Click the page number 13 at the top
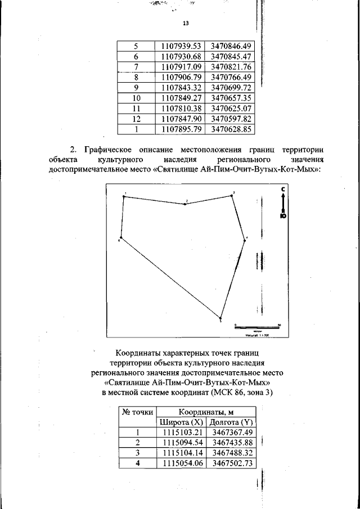tap(186, 24)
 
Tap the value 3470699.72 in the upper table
tap(230, 88)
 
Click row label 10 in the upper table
tap(136, 98)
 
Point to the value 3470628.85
tap(230, 129)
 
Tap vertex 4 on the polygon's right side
tap(244, 240)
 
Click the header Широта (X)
tap(181, 422)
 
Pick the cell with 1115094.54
tap(181, 443)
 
